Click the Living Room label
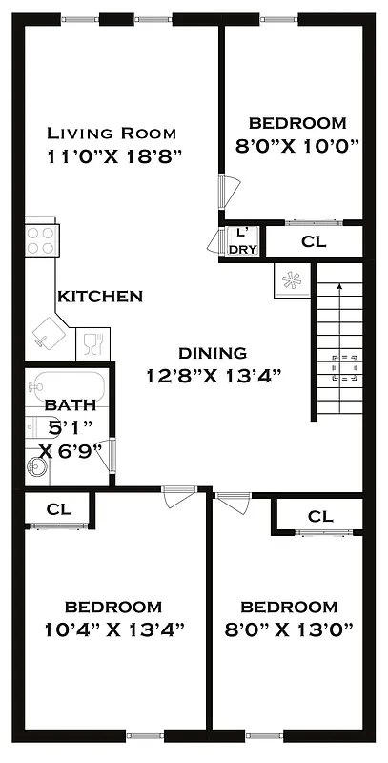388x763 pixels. tap(112, 133)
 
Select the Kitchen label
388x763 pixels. tap(100, 297)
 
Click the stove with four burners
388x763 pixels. tap(40, 239)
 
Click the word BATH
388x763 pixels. tap(71, 405)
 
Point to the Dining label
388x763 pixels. tap(212, 353)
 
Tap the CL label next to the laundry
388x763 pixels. tap(314, 242)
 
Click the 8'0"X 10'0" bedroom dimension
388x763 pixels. tap(296, 134)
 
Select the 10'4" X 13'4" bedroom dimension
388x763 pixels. tap(113, 629)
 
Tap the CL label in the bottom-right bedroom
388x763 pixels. tap(320, 517)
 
